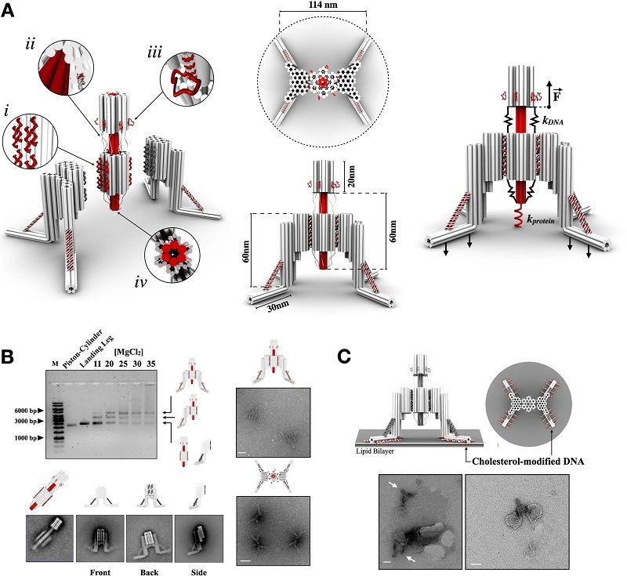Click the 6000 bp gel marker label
(26, 408)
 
